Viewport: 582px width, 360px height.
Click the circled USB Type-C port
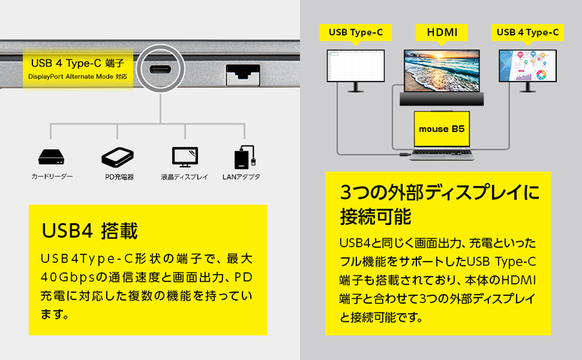(x=160, y=69)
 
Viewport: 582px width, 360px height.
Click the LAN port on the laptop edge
(x=243, y=74)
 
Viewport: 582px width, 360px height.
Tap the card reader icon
(x=51, y=157)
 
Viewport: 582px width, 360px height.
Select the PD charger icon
(x=118, y=157)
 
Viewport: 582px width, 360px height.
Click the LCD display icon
(x=185, y=157)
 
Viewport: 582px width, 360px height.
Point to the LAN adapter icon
(x=244, y=157)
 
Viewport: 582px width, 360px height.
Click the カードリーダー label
(x=52, y=176)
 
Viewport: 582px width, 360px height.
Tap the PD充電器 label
(x=119, y=177)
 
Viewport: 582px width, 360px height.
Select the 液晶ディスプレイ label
(x=184, y=177)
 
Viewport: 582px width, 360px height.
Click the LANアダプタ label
(x=241, y=177)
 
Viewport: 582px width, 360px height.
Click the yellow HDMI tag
(x=442, y=33)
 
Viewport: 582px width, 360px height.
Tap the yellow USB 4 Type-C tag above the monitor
(x=528, y=33)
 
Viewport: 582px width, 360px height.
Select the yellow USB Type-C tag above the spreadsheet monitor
(x=356, y=33)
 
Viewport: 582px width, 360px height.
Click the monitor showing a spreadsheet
(x=356, y=70)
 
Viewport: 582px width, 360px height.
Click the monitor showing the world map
(x=528, y=70)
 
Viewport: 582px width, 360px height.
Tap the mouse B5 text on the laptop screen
(x=442, y=129)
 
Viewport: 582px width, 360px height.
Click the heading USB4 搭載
(x=90, y=231)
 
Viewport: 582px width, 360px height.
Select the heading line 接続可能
(x=376, y=217)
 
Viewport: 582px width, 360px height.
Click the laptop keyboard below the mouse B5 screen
(x=442, y=154)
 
